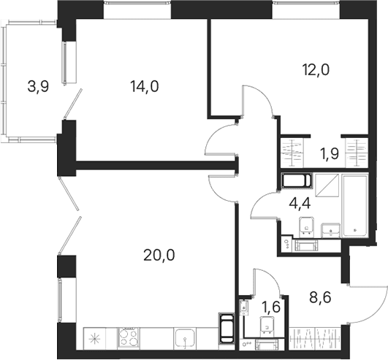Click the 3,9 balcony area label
pyautogui.click(x=38, y=87)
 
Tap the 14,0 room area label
pyautogui.click(x=145, y=87)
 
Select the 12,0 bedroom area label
pyautogui.click(x=316, y=70)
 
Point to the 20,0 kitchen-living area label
pyautogui.click(x=159, y=255)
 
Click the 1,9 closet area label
pyautogui.click(x=330, y=154)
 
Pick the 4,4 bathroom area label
pyautogui.click(x=300, y=204)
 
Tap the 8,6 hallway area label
pyautogui.click(x=320, y=298)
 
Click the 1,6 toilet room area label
pyautogui.click(x=271, y=307)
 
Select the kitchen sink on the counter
pyautogui.click(x=185, y=339)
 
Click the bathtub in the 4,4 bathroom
pyautogui.click(x=354, y=206)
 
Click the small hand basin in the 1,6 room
pyautogui.click(x=244, y=308)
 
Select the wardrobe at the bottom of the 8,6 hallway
pyautogui.click(x=315, y=338)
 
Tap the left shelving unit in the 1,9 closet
pyautogui.click(x=292, y=153)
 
